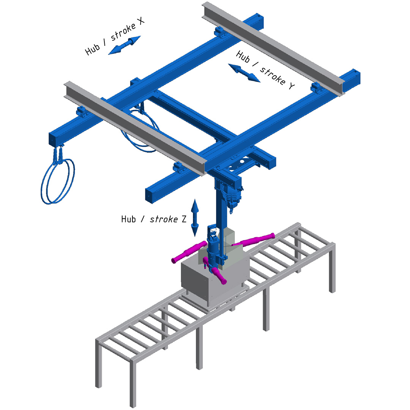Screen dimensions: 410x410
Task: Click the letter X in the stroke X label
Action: tap(140, 20)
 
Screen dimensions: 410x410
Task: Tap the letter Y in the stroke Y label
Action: tap(292, 85)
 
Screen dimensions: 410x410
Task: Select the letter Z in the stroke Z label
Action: tap(184, 219)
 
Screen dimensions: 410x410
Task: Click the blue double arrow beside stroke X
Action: tap(125, 45)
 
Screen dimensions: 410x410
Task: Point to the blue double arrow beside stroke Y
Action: tap(244, 73)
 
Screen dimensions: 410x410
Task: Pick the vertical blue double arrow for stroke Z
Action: tap(194, 218)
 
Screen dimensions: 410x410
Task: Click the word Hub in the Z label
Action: tap(128, 219)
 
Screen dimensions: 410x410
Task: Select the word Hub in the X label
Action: tap(92, 49)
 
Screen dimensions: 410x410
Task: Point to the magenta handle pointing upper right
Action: tap(253, 240)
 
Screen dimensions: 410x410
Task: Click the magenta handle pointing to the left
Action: tap(189, 252)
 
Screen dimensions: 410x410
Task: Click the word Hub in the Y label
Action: tap(243, 57)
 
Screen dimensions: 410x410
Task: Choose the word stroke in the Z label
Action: tap(164, 219)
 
